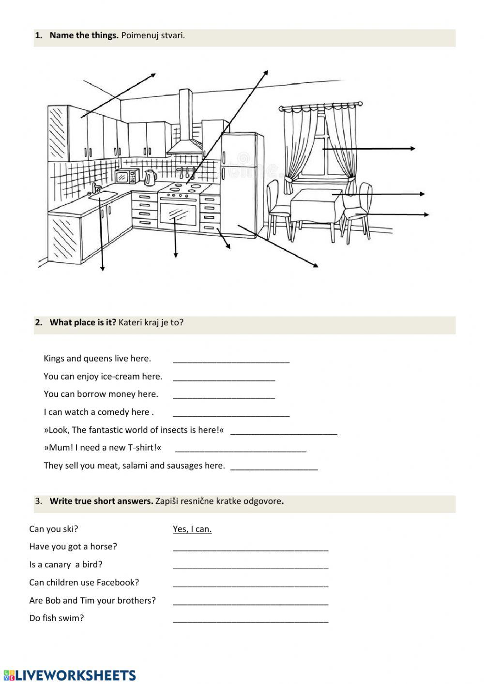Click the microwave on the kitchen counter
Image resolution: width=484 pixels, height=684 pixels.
[127, 177]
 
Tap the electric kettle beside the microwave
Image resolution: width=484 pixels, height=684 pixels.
[150, 178]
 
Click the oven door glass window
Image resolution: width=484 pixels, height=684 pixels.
[178, 213]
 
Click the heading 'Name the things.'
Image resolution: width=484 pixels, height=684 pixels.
[84, 35]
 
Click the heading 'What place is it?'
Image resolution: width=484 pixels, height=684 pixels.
[83, 322]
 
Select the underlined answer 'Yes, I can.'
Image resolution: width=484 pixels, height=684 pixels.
[192, 529]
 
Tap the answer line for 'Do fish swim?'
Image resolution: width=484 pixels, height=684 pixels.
[250, 620]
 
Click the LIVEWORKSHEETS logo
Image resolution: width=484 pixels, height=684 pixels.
[70, 675]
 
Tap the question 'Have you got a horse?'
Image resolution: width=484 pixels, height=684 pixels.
[73, 547]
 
